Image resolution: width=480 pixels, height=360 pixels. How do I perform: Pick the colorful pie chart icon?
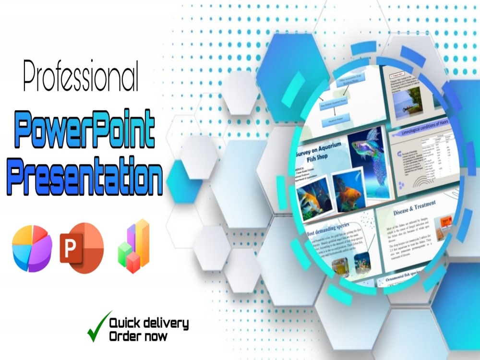pyautogui.click(x=32, y=248)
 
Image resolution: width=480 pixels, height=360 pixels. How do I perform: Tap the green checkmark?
pyautogui.click(x=98, y=326)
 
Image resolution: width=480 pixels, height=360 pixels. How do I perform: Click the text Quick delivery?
pyautogui.click(x=149, y=323)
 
